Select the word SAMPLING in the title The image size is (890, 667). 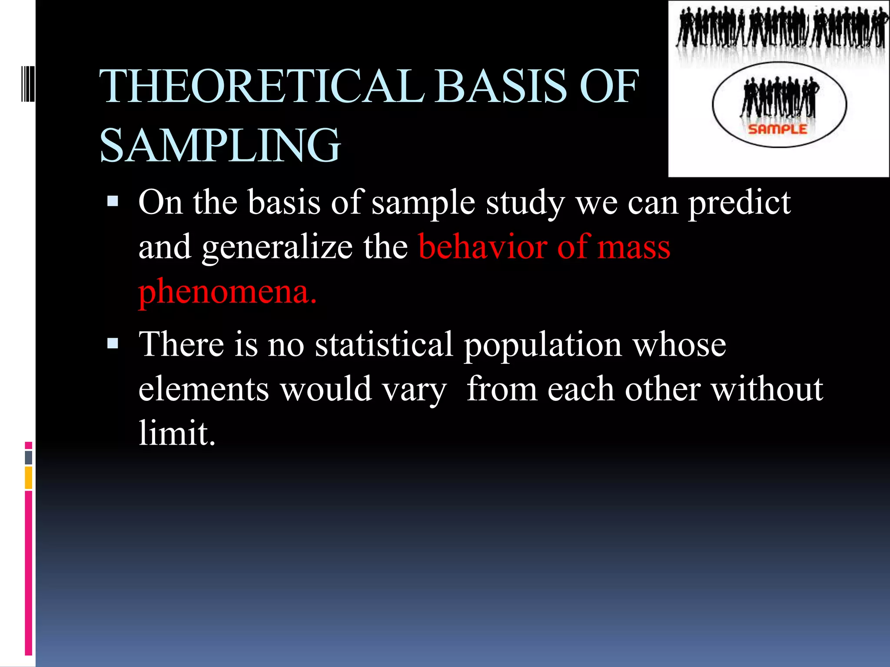[220, 145]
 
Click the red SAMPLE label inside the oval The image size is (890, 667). [777, 129]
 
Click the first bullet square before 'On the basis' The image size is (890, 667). [113, 201]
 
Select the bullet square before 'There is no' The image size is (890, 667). [113, 343]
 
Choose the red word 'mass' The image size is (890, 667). [634, 247]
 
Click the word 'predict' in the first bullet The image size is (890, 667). [739, 203]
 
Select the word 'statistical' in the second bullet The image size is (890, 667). [384, 344]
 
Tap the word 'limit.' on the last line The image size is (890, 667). [176, 433]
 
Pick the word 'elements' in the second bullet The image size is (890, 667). [203, 389]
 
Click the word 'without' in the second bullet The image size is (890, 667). [767, 389]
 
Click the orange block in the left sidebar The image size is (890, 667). [29, 477]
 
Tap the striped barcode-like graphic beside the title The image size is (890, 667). [28, 83]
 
